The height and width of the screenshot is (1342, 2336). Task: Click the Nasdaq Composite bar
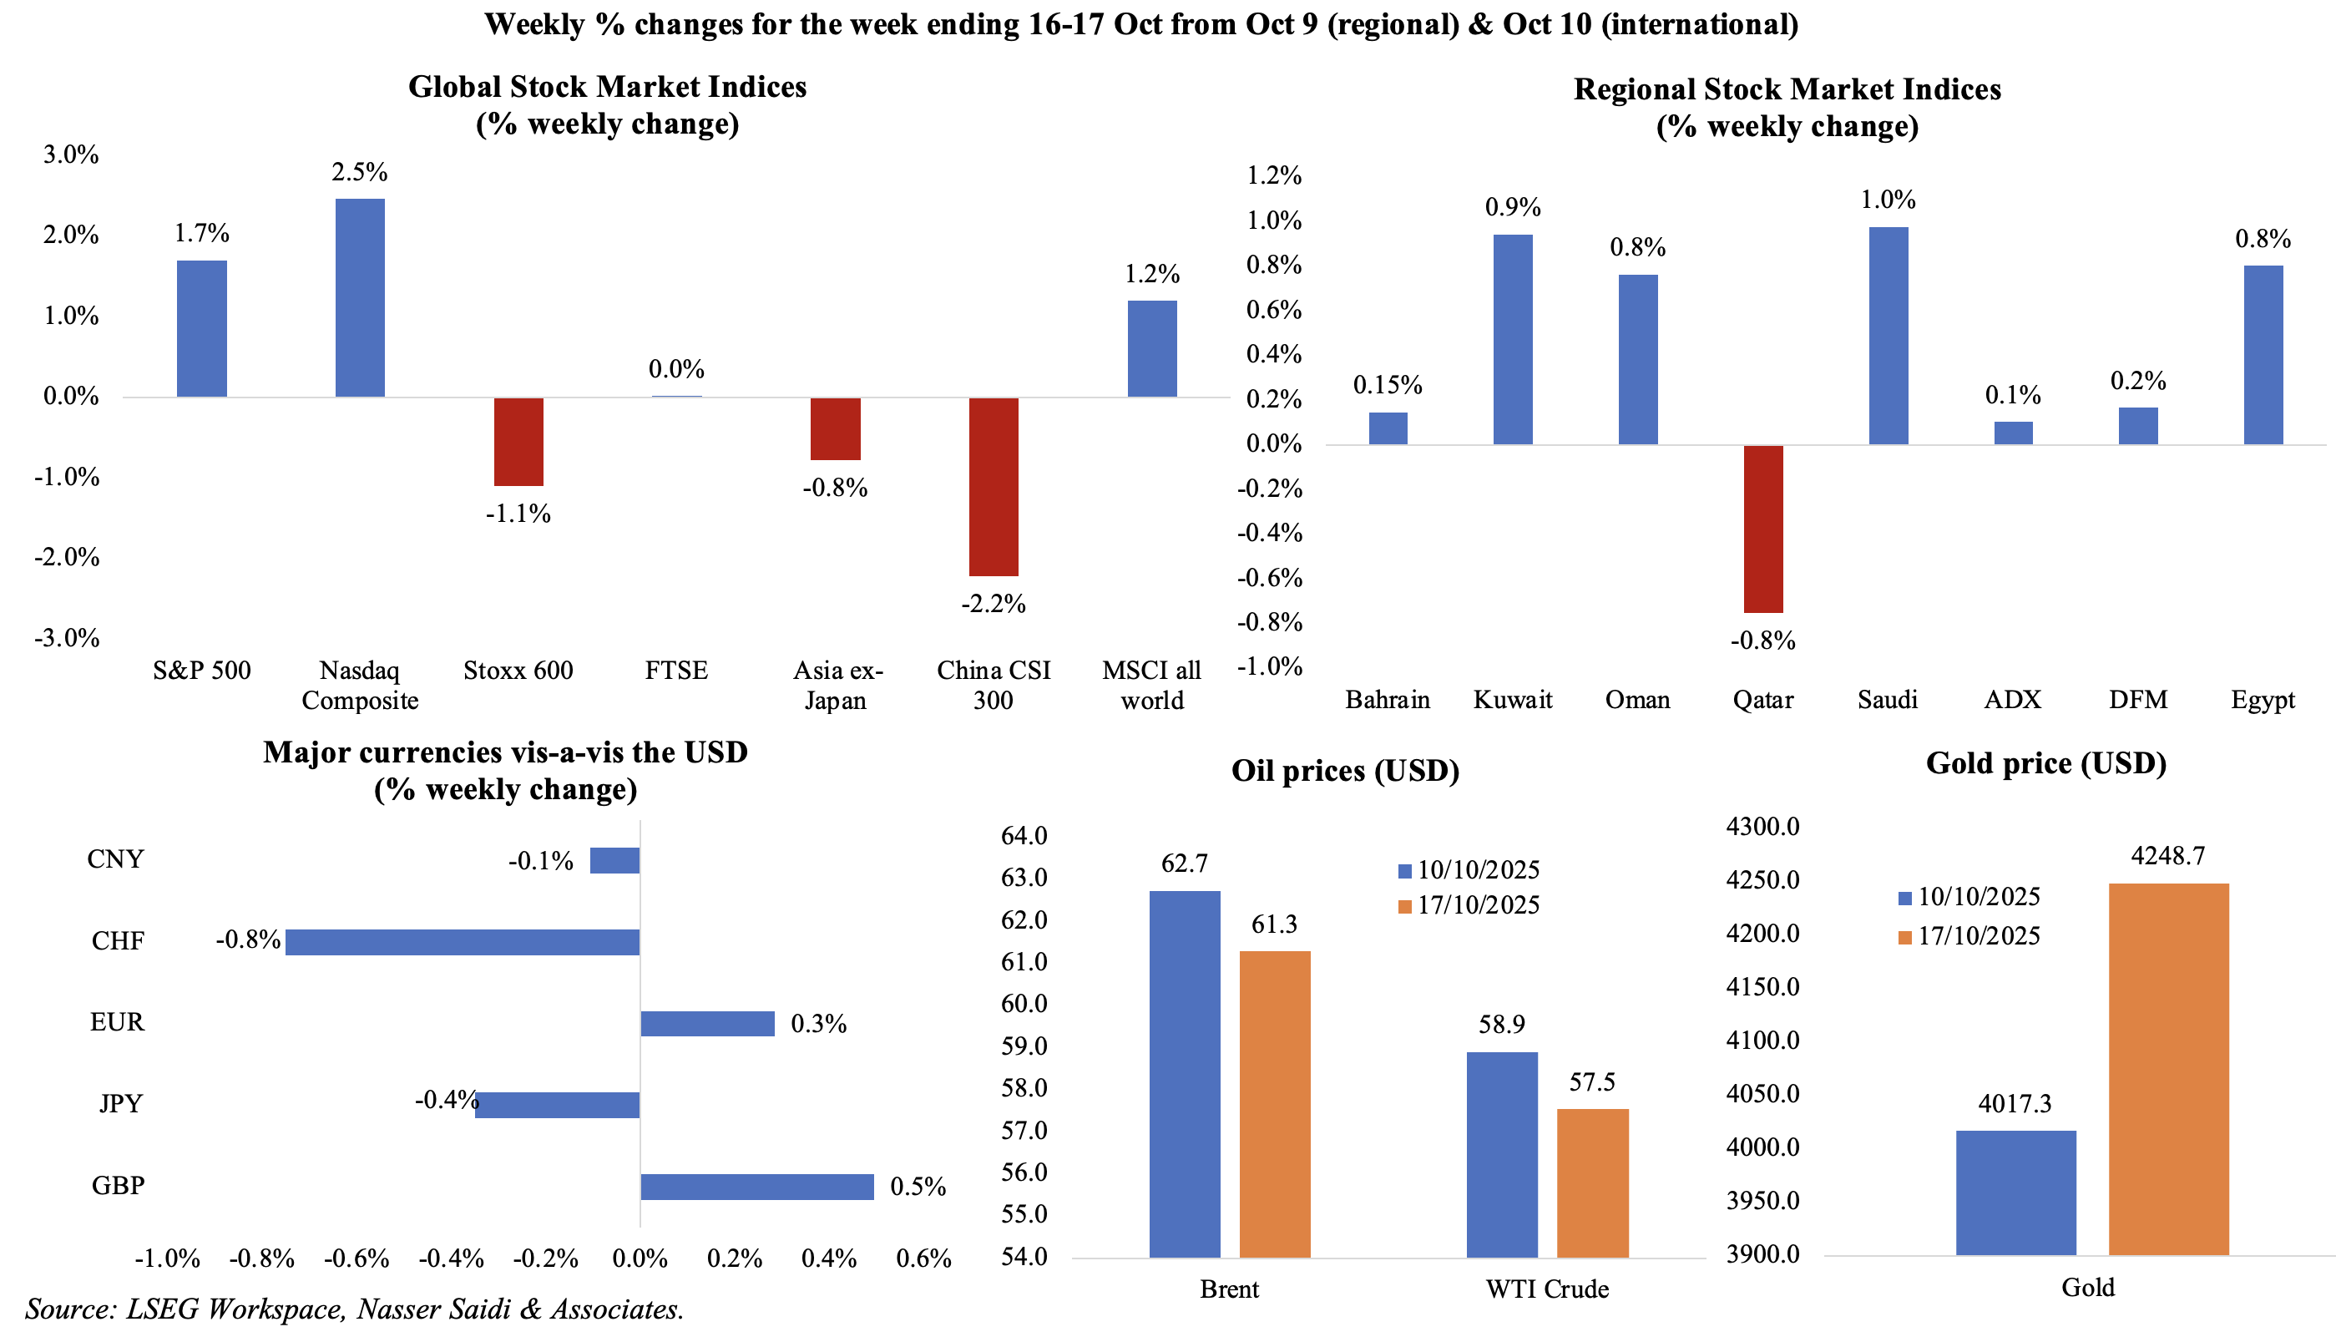tap(359, 297)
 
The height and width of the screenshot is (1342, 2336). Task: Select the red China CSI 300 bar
tap(993, 486)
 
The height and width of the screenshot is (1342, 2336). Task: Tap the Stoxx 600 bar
tap(518, 442)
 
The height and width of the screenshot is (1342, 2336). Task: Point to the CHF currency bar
tap(462, 942)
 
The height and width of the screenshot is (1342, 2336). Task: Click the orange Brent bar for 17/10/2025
tap(1274, 1103)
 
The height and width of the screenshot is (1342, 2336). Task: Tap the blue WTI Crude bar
tap(1501, 1154)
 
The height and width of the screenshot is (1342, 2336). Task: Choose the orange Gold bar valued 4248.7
tap(2168, 1068)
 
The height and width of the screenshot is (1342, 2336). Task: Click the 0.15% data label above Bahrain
tap(1387, 385)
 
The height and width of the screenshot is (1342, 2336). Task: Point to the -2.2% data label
tap(993, 604)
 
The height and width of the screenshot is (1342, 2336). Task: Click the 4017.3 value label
tap(2015, 1103)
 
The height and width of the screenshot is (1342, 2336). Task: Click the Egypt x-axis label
tap(2263, 700)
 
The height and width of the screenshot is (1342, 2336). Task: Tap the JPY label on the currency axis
tap(121, 1103)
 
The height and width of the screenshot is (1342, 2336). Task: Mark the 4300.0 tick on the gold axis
tap(1762, 827)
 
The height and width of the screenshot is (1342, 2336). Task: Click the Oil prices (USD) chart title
tap(1344, 771)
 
